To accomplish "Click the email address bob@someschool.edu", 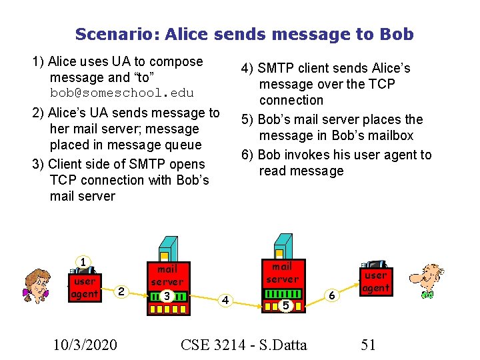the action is point(121,93).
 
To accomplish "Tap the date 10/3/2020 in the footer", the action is point(86,345).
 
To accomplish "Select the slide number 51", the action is point(368,345).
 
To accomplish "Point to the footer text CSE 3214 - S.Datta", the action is point(244,345).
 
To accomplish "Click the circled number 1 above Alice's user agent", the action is point(83,262).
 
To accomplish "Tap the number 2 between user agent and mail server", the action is point(120,291).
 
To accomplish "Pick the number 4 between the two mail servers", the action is point(225,300).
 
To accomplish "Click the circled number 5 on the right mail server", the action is point(285,305).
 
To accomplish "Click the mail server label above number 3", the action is point(167,275).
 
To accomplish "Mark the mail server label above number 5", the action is point(283,273).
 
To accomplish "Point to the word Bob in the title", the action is point(395,34).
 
